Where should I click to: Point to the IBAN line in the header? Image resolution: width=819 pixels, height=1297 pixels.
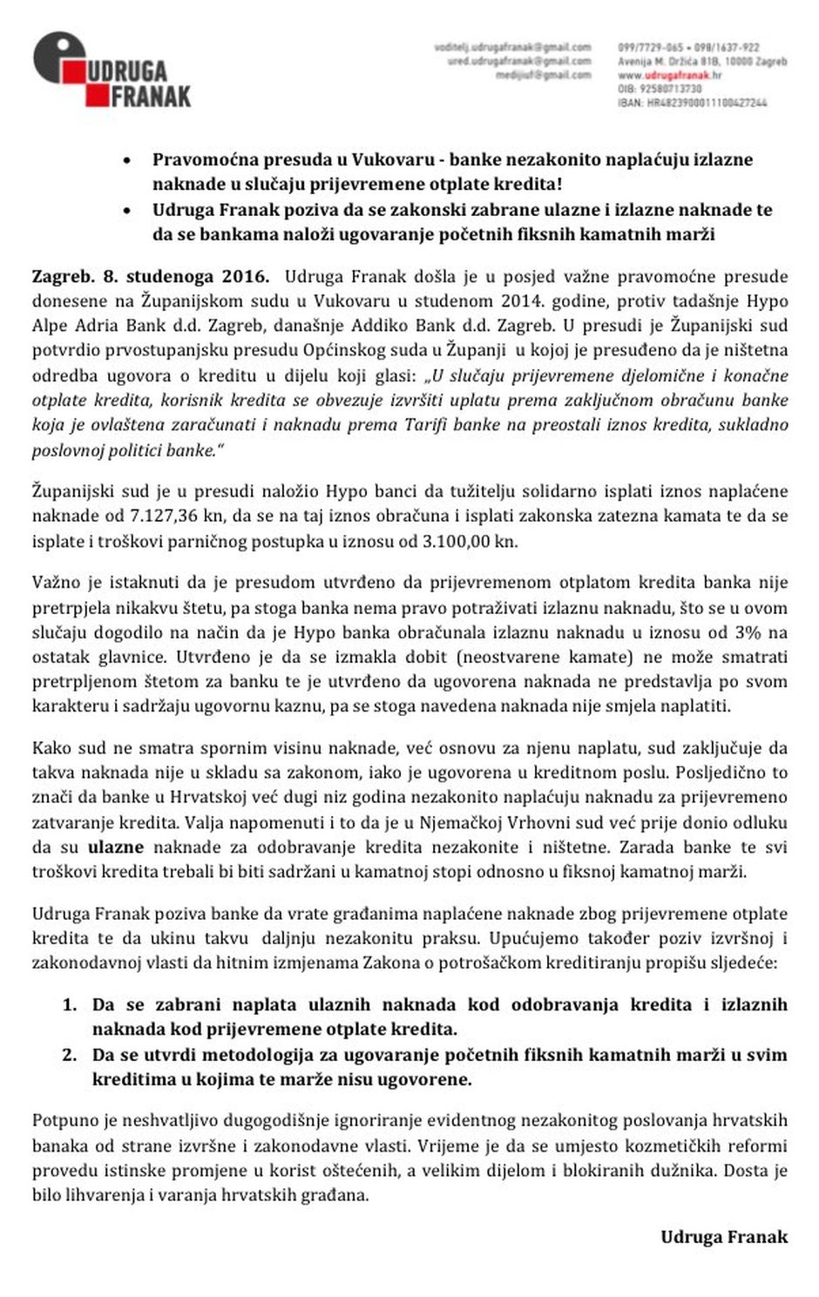click(x=692, y=103)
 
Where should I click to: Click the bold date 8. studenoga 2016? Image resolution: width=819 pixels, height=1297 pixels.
click(x=185, y=277)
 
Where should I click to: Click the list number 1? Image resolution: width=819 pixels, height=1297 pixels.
click(x=69, y=1004)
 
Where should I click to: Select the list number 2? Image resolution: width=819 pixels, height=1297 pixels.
click(x=69, y=1055)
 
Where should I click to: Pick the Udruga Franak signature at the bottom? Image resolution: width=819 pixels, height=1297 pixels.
click(x=723, y=1237)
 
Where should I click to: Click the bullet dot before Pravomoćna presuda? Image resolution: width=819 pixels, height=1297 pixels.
click(x=128, y=161)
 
